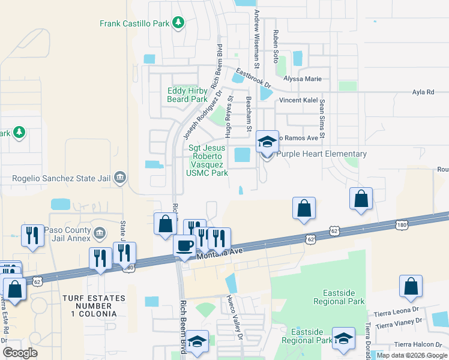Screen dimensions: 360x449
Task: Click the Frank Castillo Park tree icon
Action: point(178,23)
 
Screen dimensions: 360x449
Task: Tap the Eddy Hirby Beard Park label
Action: point(187,95)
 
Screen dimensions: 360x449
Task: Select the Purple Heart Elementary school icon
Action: point(267,142)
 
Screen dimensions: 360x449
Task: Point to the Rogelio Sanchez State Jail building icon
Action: point(120,178)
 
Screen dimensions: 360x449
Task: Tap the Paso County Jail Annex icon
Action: point(100,232)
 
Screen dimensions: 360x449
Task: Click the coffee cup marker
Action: point(184,245)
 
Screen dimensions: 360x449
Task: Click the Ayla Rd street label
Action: point(423,92)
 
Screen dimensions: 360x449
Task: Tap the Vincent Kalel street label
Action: point(298,100)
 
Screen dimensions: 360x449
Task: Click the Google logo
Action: point(20,353)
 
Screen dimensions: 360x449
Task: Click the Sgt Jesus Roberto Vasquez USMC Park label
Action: point(207,160)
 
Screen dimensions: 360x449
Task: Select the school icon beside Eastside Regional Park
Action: point(343,339)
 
